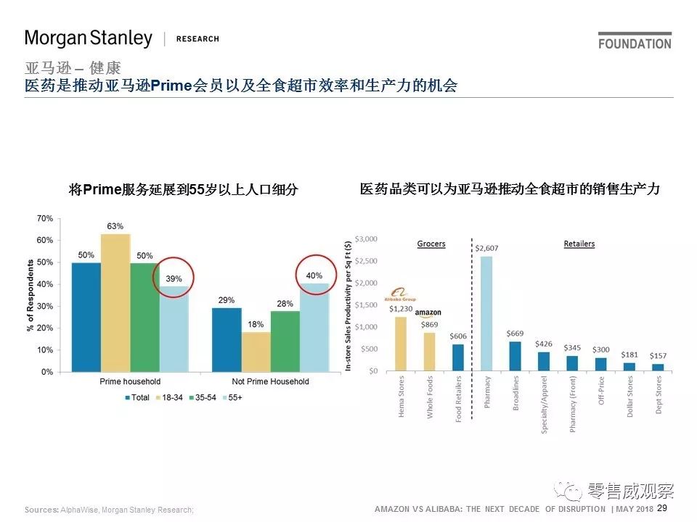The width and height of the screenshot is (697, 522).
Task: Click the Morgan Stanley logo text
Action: pyautogui.click(x=89, y=38)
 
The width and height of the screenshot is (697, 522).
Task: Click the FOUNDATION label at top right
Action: pyautogui.click(x=635, y=43)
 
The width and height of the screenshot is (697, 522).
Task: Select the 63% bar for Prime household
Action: pyautogui.click(x=115, y=302)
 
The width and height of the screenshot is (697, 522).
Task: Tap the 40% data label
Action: pyautogui.click(x=314, y=275)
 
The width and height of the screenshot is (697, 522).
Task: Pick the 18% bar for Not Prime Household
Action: pyautogui.click(x=256, y=352)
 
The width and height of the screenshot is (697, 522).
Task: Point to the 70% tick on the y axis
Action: pyautogui.click(x=44, y=218)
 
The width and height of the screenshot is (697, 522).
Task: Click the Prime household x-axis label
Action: pyautogui.click(x=129, y=381)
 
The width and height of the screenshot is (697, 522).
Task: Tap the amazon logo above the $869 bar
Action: pyautogui.click(x=428, y=313)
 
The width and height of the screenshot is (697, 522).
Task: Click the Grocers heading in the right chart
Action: pyautogui.click(x=431, y=244)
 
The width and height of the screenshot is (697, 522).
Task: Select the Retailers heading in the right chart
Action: pyautogui.click(x=579, y=244)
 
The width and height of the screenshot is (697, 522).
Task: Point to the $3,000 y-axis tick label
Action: pyautogui.click(x=364, y=239)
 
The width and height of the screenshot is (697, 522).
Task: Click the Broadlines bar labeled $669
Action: pyautogui.click(x=515, y=356)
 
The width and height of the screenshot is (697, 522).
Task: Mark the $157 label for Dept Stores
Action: pyautogui.click(x=657, y=355)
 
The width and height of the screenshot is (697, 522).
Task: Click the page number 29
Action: pyautogui.click(x=662, y=508)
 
